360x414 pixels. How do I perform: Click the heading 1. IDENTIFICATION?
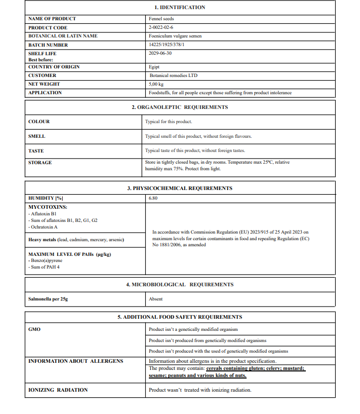180,8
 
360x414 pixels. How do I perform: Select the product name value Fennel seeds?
161,19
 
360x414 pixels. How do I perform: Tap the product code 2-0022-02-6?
161,27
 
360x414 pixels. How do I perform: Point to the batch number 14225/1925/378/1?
167,45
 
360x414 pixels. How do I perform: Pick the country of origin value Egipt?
154,67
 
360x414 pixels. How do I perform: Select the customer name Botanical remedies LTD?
173,76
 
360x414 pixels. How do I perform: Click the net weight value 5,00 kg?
156,84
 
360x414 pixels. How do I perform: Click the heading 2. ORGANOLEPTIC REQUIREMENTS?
180,107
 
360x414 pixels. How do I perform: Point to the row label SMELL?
36,136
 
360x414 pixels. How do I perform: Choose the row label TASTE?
36,150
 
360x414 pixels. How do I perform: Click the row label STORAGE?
40,163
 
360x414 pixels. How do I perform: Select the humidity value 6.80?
153,198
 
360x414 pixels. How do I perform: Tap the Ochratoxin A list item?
44,227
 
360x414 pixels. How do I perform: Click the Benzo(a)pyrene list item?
46,260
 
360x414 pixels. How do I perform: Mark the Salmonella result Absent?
156,299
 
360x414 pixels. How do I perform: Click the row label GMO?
34,329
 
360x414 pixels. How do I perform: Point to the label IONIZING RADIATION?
58,390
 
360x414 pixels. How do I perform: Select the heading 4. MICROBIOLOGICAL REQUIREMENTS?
180,285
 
